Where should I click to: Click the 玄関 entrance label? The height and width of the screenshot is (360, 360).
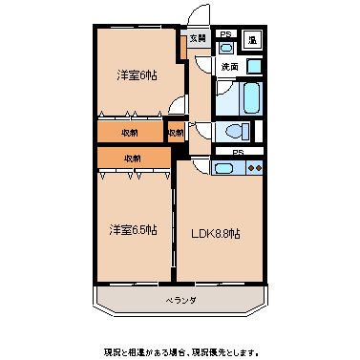click(197, 38)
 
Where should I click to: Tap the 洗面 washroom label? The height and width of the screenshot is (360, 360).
click(230, 67)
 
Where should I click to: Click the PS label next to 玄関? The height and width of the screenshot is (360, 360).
click(225, 35)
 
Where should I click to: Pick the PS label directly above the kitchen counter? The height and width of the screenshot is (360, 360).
click(238, 151)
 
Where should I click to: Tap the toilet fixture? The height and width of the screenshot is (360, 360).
click(236, 131)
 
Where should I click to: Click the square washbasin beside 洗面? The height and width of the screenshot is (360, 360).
click(254, 67)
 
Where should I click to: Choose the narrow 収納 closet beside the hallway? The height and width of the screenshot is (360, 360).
click(175, 133)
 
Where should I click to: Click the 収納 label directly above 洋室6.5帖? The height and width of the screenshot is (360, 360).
click(132, 157)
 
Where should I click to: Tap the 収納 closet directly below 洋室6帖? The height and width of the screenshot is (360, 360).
click(132, 133)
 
